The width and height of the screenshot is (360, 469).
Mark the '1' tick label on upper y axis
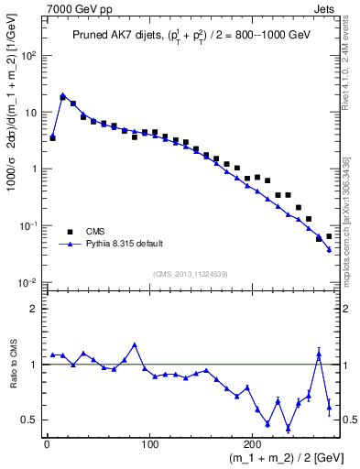pyautogui.click(x=34, y=169)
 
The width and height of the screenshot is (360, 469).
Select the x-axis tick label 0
pyautogui.click(x=47, y=446)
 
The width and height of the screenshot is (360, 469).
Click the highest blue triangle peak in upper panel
pyautogui.click(x=62, y=94)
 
